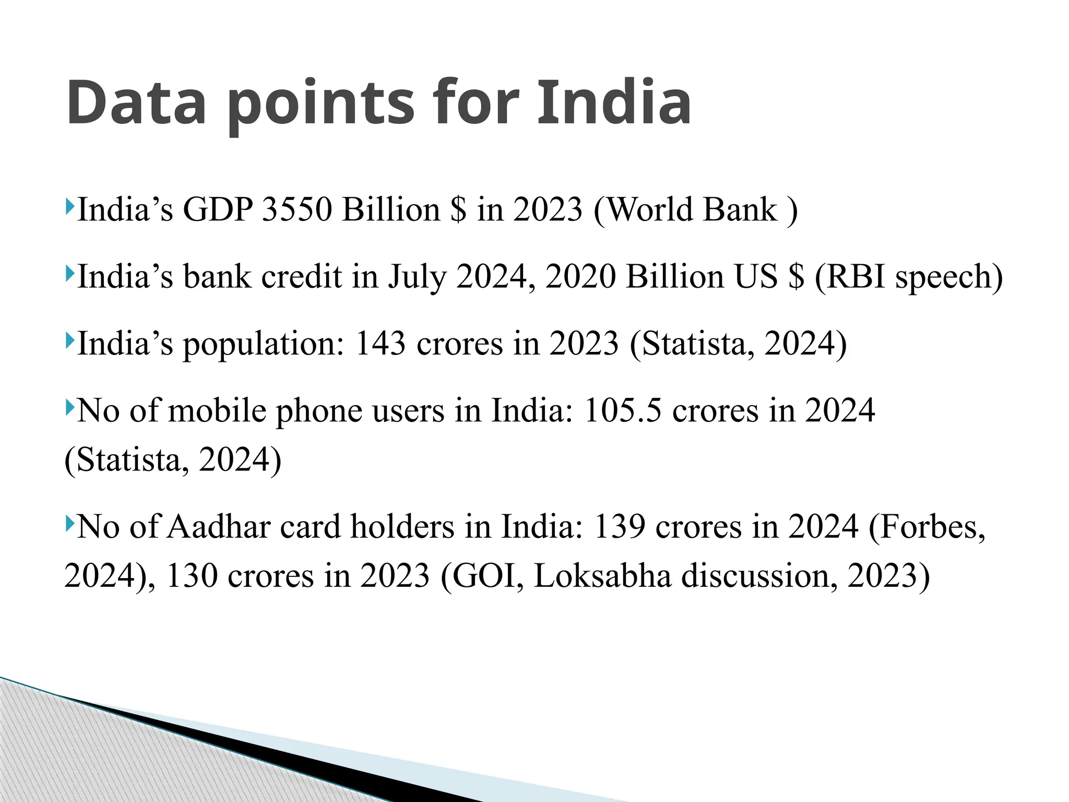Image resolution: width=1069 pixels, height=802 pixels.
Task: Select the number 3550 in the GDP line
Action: (296, 210)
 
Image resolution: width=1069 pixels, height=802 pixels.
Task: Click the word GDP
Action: (217, 210)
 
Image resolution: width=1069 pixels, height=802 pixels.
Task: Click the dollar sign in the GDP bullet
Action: (458, 210)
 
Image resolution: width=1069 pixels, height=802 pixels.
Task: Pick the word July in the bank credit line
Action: (417, 278)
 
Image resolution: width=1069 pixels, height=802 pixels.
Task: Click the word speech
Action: (948, 278)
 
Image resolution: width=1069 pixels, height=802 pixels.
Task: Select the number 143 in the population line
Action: (380, 344)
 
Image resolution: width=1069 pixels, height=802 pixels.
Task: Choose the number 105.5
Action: (622, 411)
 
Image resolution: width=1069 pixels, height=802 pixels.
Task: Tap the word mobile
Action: (217, 411)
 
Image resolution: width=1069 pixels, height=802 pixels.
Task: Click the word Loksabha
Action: (602, 576)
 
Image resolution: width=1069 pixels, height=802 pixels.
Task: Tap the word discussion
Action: (760, 576)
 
